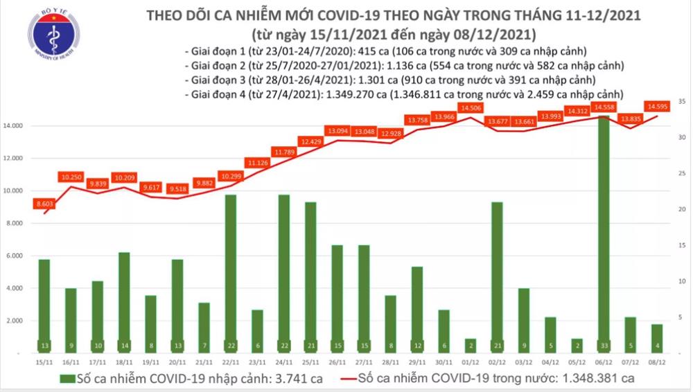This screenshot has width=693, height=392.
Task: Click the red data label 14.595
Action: pos(656,106)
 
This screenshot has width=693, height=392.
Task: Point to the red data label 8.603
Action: pos(45,204)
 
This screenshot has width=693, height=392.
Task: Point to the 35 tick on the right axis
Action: pos(683,102)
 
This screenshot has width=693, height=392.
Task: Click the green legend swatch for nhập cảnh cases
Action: pos(67,379)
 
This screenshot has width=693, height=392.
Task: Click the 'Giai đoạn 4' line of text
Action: pos(402,93)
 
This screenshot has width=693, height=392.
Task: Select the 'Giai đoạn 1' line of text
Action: pos(387,53)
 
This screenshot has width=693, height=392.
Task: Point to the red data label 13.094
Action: pos(338,130)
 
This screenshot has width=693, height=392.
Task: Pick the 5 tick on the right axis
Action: pos(683,317)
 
